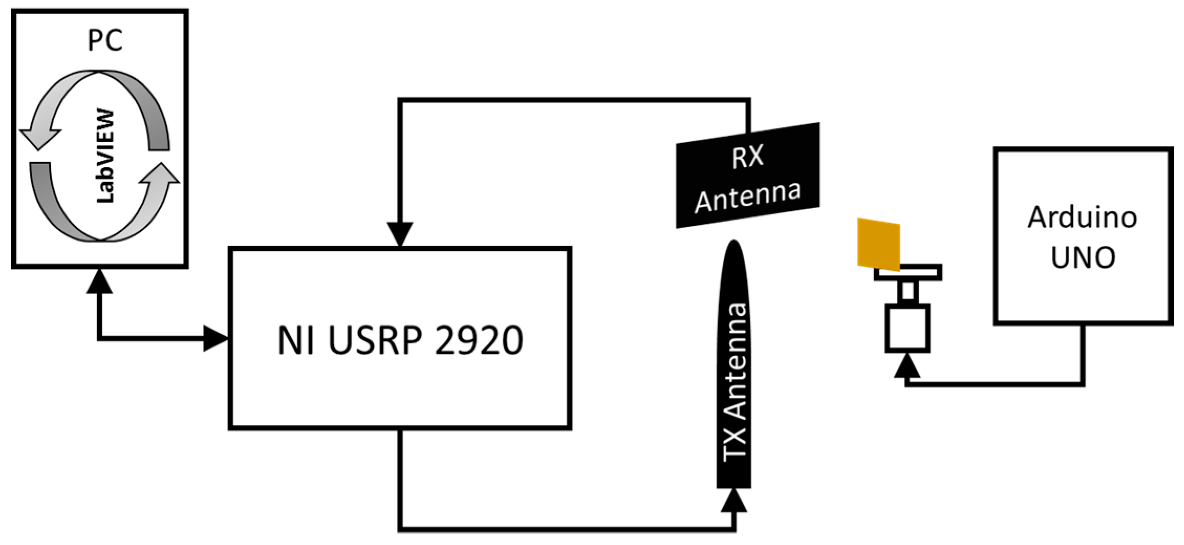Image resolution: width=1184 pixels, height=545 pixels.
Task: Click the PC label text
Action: pos(105,40)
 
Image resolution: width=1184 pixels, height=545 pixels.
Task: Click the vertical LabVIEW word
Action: pos(105,156)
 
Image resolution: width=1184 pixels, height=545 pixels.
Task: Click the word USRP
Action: pos(374,341)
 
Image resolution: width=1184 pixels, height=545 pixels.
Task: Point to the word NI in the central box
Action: pos(296,341)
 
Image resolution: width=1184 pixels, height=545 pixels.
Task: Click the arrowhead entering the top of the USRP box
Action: pos(400,234)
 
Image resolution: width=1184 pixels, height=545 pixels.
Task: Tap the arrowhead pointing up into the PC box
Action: pos(100,282)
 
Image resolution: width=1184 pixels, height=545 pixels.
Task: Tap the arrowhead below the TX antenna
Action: pos(734,501)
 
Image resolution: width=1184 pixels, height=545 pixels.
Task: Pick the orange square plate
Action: pos(878,244)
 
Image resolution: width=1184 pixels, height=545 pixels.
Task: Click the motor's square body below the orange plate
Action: pos(907,328)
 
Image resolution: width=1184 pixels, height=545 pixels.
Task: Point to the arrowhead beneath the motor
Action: pos(907,366)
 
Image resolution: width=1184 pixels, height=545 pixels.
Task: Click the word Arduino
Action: pos(1082,217)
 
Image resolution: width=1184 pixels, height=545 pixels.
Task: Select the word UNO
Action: pos(1083,257)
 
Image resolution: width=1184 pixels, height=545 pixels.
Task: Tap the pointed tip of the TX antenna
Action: pos(734,244)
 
